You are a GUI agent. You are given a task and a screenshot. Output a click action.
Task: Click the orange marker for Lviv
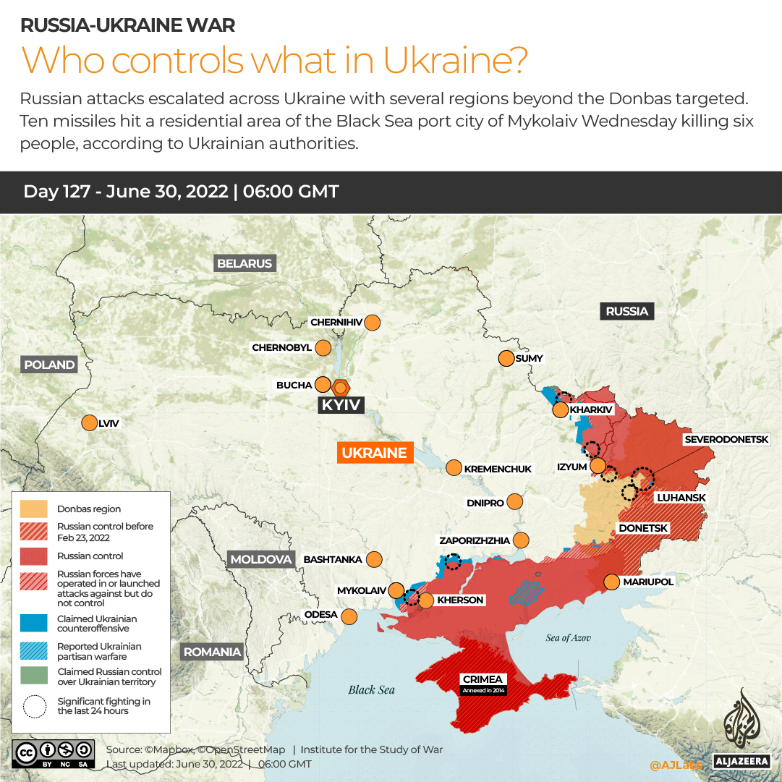89,423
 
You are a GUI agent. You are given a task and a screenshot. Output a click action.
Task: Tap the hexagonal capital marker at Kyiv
340,386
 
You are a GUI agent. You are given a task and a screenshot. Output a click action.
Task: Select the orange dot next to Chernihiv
373,323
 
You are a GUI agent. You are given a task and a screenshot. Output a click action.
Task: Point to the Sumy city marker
505,358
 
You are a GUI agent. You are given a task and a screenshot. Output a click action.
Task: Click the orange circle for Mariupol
611,582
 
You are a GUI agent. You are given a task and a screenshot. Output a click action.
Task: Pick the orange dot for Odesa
349,616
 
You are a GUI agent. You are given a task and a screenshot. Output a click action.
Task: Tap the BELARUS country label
245,263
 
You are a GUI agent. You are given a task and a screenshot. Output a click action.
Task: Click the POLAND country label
49,365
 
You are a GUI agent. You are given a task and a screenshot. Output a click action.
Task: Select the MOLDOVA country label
260,559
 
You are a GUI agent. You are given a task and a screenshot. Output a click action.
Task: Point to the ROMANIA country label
212,652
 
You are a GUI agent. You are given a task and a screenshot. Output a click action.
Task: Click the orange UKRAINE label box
374,453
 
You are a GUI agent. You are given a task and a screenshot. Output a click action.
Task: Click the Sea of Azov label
569,637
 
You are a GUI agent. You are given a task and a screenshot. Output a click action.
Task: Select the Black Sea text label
371,689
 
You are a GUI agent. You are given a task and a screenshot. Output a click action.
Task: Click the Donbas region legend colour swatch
33,509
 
